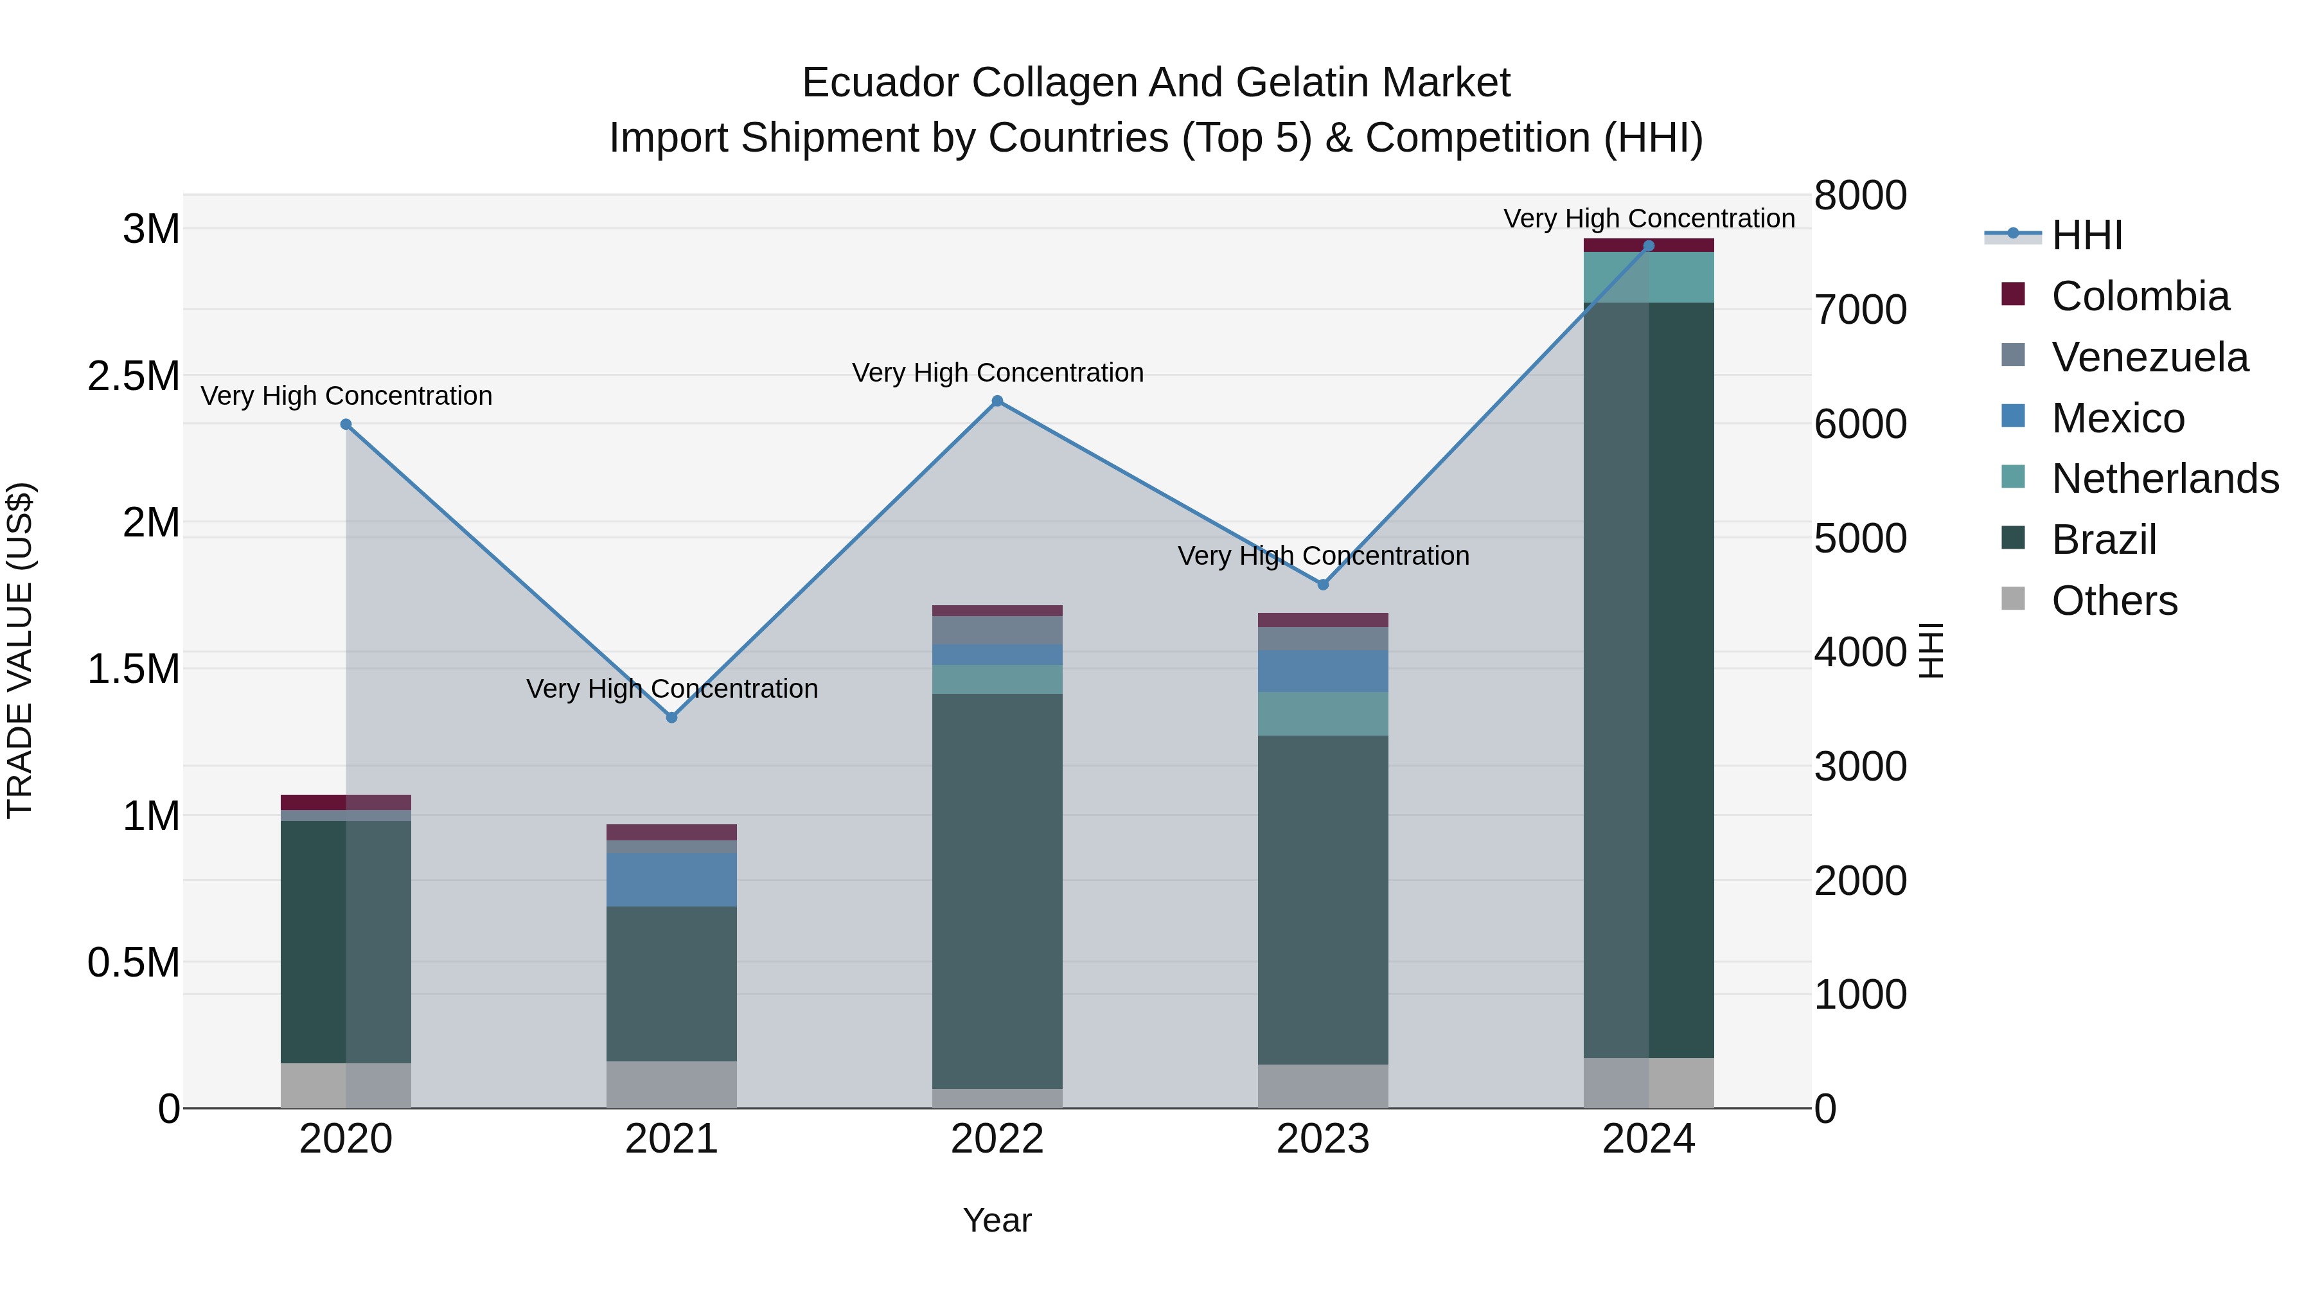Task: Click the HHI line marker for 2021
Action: pyautogui.click(x=671, y=718)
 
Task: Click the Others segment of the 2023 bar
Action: pyautogui.click(x=1323, y=1086)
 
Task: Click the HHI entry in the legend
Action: pyautogui.click(x=2086, y=235)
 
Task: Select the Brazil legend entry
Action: pyautogui.click(x=2103, y=540)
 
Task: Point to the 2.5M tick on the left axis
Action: pyautogui.click(x=133, y=376)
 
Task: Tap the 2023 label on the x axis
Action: pyautogui.click(x=1323, y=1139)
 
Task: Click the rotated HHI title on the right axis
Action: pyautogui.click(x=1931, y=650)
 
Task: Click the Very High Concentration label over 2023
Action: pyautogui.click(x=1323, y=556)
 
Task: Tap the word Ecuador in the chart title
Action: pyautogui.click(x=880, y=83)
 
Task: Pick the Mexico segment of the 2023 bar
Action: pyautogui.click(x=1323, y=671)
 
